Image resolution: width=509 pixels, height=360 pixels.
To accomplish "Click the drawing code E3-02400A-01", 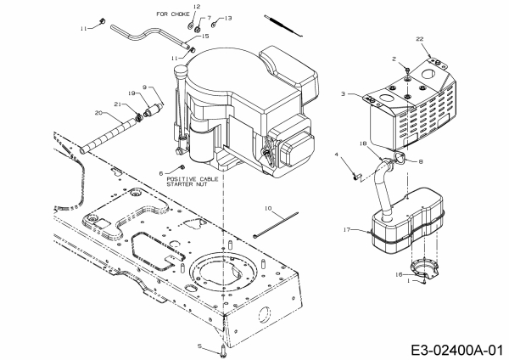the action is coord(457,351).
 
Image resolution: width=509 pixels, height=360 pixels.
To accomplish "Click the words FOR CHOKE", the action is coord(173,14).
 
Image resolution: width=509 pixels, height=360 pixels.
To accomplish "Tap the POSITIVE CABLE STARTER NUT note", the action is coord(193,182).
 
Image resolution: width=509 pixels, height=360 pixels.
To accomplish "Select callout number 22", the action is coord(420,39).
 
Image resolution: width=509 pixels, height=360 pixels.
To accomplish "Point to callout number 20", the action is coord(98,113).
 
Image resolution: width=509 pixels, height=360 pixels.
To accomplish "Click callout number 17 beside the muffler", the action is coord(347,230).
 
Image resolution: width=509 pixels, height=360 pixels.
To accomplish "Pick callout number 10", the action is coord(268,208).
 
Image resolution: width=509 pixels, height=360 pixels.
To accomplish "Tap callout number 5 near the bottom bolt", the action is coord(200,346).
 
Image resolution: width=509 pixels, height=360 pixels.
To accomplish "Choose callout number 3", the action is coord(343,94).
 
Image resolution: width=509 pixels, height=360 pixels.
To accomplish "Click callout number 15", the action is coord(205,36).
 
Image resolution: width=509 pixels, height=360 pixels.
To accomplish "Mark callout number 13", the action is coord(228,18).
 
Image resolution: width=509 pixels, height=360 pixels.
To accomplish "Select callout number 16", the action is coord(399,275).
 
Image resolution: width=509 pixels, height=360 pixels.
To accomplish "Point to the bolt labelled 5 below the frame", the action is coord(222,352).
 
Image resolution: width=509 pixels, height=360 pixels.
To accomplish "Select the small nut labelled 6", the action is coord(182,167).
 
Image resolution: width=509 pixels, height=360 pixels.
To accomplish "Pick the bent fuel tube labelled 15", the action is coord(149,36).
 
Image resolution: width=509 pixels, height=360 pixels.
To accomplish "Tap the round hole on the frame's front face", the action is coord(264,315).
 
